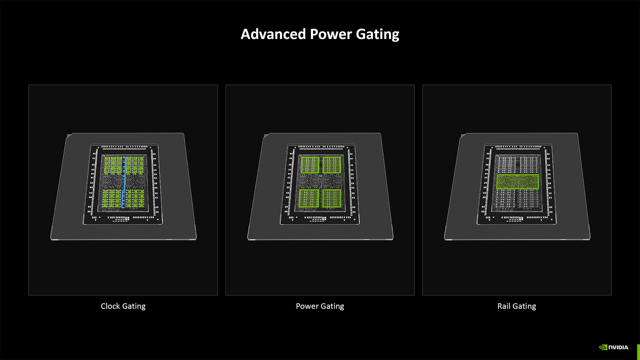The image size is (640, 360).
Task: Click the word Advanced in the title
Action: (x=273, y=34)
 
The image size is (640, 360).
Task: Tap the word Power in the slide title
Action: (x=331, y=34)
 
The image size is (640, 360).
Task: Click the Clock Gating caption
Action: (x=123, y=306)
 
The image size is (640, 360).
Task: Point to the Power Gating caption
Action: (x=320, y=306)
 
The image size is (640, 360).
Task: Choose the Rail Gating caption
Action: (x=516, y=306)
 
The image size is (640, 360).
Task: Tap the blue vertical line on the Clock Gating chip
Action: (x=124, y=182)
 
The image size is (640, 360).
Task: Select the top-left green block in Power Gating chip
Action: (x=310, y=165)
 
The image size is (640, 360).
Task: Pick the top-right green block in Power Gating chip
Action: (x=332, y=165)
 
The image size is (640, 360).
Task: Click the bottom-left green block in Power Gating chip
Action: (x=309, y=198)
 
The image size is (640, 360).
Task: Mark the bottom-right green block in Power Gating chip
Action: (x=332, y=198)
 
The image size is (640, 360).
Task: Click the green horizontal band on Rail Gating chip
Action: (x=517, y=182)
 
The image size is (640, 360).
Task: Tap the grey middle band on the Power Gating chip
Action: (x=310, y=182)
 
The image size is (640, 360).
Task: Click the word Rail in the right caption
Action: (x=504, y=306)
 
